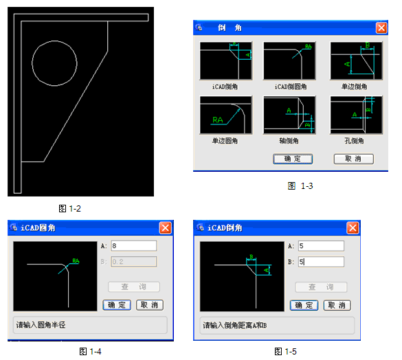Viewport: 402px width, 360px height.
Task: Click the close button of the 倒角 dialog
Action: click(381, 28)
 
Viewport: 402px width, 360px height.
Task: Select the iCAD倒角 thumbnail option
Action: click(225, 61)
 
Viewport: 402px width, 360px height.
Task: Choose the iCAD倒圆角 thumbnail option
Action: click(289, 61)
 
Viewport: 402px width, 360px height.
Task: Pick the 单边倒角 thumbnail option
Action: click(356, 61)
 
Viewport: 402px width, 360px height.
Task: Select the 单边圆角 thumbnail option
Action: click(225, 115)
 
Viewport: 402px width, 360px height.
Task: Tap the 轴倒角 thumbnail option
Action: click(289, 115)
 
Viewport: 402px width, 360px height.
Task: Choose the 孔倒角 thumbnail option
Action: click(356, 115)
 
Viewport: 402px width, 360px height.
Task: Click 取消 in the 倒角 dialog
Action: click(353, 159)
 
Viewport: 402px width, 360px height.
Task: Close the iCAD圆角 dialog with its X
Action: click(165, 227)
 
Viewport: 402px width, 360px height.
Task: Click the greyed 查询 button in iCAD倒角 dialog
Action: click(321, 287)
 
